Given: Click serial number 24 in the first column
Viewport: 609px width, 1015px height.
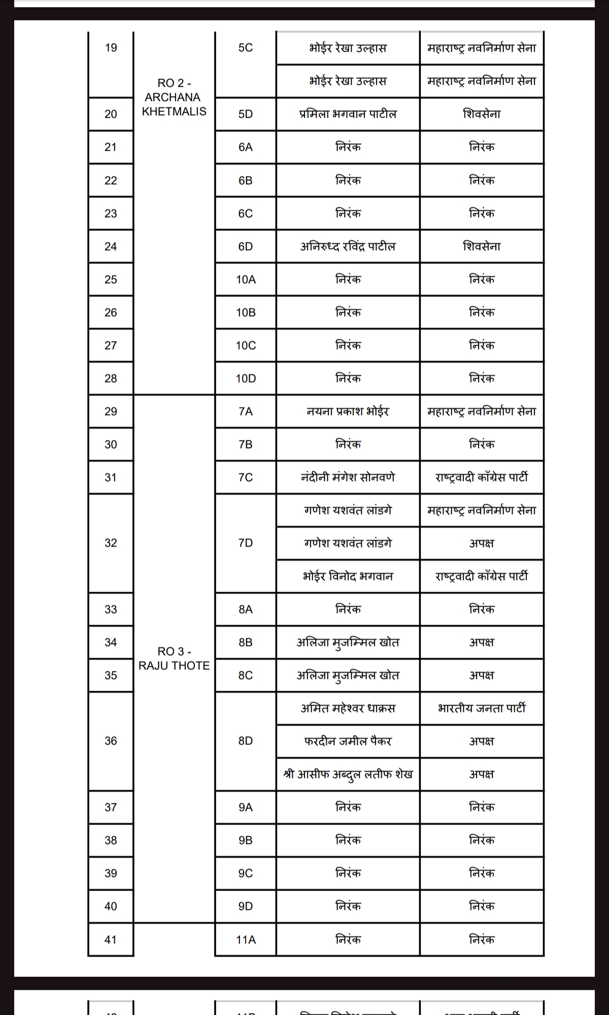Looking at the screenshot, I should pyautogui.click(x=111, y=247).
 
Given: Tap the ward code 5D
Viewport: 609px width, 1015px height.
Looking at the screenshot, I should pyautogui.click(x=246, y=114).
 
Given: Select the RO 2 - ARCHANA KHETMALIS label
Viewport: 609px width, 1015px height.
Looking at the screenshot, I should pyautogui.click(x=174, y=97).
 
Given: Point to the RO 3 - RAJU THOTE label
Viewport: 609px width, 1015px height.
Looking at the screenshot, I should pyautogui.click(x=174, y=659).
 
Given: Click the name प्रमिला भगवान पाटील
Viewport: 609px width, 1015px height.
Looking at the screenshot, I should pyautogui.click(x=348, y=114).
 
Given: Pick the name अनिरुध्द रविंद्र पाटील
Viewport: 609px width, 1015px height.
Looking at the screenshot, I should pyautogui.click(x=348, y=247).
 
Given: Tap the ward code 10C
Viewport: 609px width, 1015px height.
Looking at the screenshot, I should pyautogui.click(x=246, y=346).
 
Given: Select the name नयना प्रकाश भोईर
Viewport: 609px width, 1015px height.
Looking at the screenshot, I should pyautogui.click(x=348, y=412).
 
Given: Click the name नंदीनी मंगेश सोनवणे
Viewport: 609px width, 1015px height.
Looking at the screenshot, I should pyautogui.click(x=348, y=478).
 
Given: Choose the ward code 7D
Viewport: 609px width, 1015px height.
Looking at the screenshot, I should pyautogui.click(x=246, y=543).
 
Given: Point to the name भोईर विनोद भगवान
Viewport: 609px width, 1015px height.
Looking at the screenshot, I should pyautogui.click(x=348, y=577).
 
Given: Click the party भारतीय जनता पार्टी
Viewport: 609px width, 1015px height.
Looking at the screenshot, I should pyautogui.click(x=482, y=708).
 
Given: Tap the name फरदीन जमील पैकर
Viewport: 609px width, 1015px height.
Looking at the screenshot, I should pyautogui.click(x=348, y=741).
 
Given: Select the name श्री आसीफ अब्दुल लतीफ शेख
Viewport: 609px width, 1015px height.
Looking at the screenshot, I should pyautogui.click(x=348, y=774).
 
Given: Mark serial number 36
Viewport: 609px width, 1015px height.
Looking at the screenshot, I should pyautogui.click(x=111, y=741).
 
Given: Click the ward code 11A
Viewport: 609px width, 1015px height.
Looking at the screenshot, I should pyautogui.click(x=246, y=940).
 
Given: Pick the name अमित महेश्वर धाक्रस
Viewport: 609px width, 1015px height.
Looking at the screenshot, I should pyautogui.click(x=348, y=708).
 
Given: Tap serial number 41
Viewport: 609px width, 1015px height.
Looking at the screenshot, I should pyautogui.click(x=111, y=940).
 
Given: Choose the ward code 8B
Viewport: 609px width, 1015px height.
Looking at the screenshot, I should pyautogui.click(x=246, y=642).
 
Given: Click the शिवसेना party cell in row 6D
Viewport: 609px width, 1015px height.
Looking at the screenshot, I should pyautogui.click(x=482, y=247).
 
